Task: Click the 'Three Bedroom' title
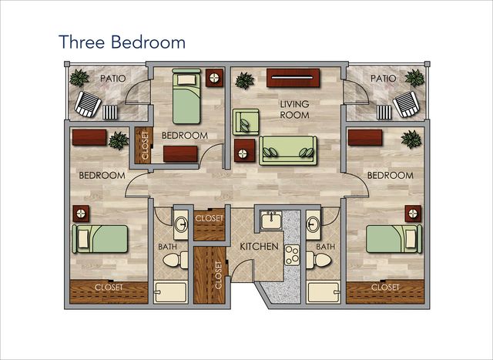pos(122,42)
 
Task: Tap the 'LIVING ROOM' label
pos(294,109)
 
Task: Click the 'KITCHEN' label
pos(259,247)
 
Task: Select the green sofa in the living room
pos(287,150)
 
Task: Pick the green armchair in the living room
pos(246,122)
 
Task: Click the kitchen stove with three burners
pos(292,254)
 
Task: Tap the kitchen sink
pos(271,220)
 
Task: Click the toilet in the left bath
pos(176,261)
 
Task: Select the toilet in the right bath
pos(319,260)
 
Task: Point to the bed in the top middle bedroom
pos(186,96)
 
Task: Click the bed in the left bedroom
pos(100,238)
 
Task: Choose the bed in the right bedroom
pos(394,238)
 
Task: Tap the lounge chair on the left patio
pos(88,104)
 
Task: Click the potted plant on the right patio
pos(414,79)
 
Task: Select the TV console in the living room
pos(293,78)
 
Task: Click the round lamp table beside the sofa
pos(245,150)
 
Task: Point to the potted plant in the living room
pos(245,81)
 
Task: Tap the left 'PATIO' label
pos(113,79)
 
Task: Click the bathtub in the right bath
pos(323,293)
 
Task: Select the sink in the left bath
pos(181,224)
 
